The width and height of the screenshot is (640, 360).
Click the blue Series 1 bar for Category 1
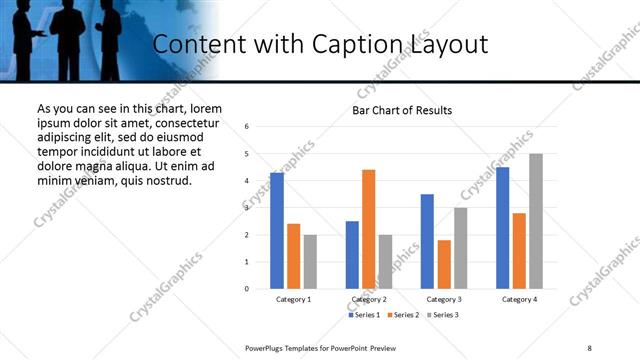coord(276,231)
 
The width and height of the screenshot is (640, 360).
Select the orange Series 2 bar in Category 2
coord(368,229)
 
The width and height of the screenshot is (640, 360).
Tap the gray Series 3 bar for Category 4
coord(536,221)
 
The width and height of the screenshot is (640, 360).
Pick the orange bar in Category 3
coord(444,264)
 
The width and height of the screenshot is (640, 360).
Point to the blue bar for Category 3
coord(427,241)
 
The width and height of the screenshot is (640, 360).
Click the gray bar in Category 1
coord(310,262)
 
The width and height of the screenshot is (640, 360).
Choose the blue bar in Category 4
coord(502,228)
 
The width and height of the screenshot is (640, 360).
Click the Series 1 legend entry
coord(364,315)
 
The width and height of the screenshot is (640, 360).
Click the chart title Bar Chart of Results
coord(402,110)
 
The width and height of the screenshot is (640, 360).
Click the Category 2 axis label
coord(368,299)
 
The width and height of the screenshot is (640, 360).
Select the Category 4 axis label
coord(518,299)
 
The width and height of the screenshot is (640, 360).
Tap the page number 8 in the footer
coord(589,347)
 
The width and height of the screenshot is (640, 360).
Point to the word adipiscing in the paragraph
coord(67,136)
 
